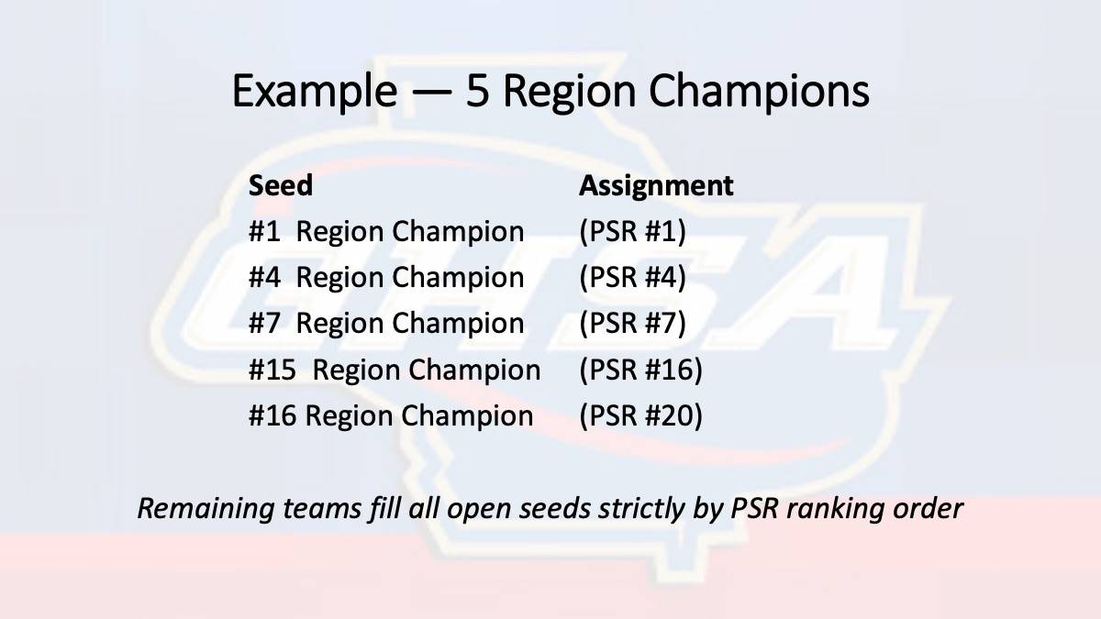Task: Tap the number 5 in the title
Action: click(x=478, y=91)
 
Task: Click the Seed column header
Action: click(x=281, y=185)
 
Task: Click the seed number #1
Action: click(x=264, y=231)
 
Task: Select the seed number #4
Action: click(x=264, y=277)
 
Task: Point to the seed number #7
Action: click(x=264, y=323)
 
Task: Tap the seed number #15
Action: click(x=272, y=370)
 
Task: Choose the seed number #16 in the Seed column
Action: click(x=272, y=415)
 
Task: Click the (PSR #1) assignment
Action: click(x=632, y=231)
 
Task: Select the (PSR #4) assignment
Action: click(x=632, y=278)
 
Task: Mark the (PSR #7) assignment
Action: click(x=632, y=324)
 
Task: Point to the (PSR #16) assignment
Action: click(x=641, y=370)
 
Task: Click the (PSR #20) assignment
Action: click(x=641, y=416)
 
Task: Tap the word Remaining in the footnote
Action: click(x=206, y=509)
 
